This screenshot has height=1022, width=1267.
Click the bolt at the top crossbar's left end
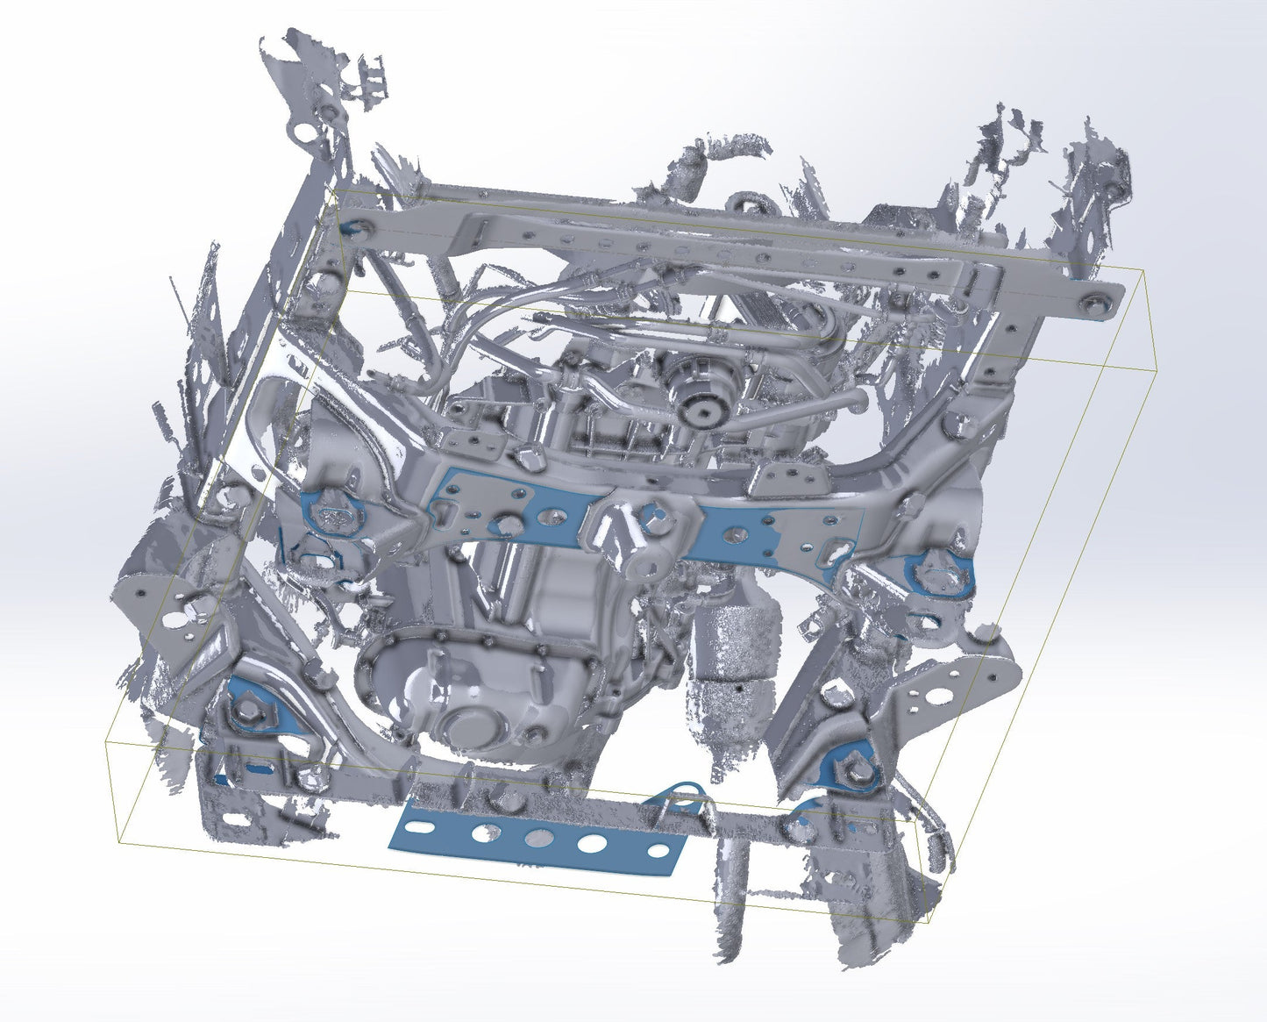pyautogui.click(x=360, y=227)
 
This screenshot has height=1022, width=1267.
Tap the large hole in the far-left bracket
pyautogui.click(x=173, y=619)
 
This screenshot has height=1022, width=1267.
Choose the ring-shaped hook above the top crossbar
pyautogui.click(x=745, y=204)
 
